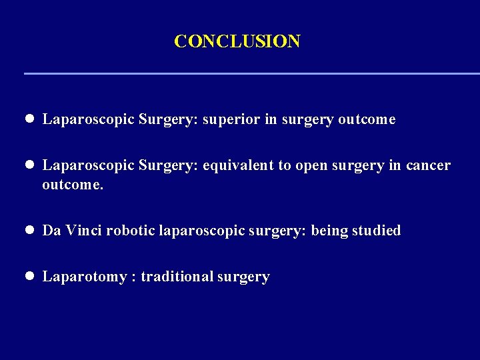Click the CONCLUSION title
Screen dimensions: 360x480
237,41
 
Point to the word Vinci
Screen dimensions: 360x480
83,231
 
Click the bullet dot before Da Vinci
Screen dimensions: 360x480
30,231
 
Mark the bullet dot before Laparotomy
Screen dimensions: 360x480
30,276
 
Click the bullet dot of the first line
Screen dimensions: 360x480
30,119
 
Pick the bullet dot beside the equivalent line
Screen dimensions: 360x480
30,165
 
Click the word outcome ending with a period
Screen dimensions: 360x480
73,184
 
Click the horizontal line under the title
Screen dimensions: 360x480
252,73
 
